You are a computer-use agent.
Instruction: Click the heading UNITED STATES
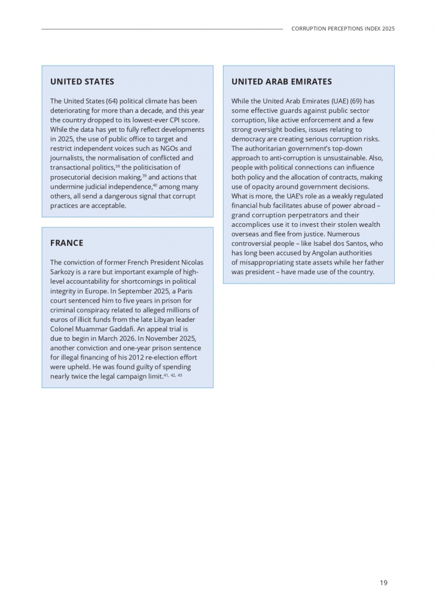(x=82, y=82)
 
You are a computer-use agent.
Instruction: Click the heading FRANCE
(x=66, y=243)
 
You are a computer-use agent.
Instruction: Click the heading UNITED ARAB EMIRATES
(x=281, y=82)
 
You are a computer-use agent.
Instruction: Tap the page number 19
(x=383, y=583)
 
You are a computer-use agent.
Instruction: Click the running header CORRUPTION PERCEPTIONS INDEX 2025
(x=343, y=29)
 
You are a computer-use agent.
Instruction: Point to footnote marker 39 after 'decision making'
(x=144, y=175)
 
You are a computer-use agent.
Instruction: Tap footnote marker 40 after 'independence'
(x=155, y=184)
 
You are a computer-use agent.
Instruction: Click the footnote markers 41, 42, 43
(x=173, y=375)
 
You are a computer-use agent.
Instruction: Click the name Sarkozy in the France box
(x=63, y=272)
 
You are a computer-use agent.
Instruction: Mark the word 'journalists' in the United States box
(x=66, y=158)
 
